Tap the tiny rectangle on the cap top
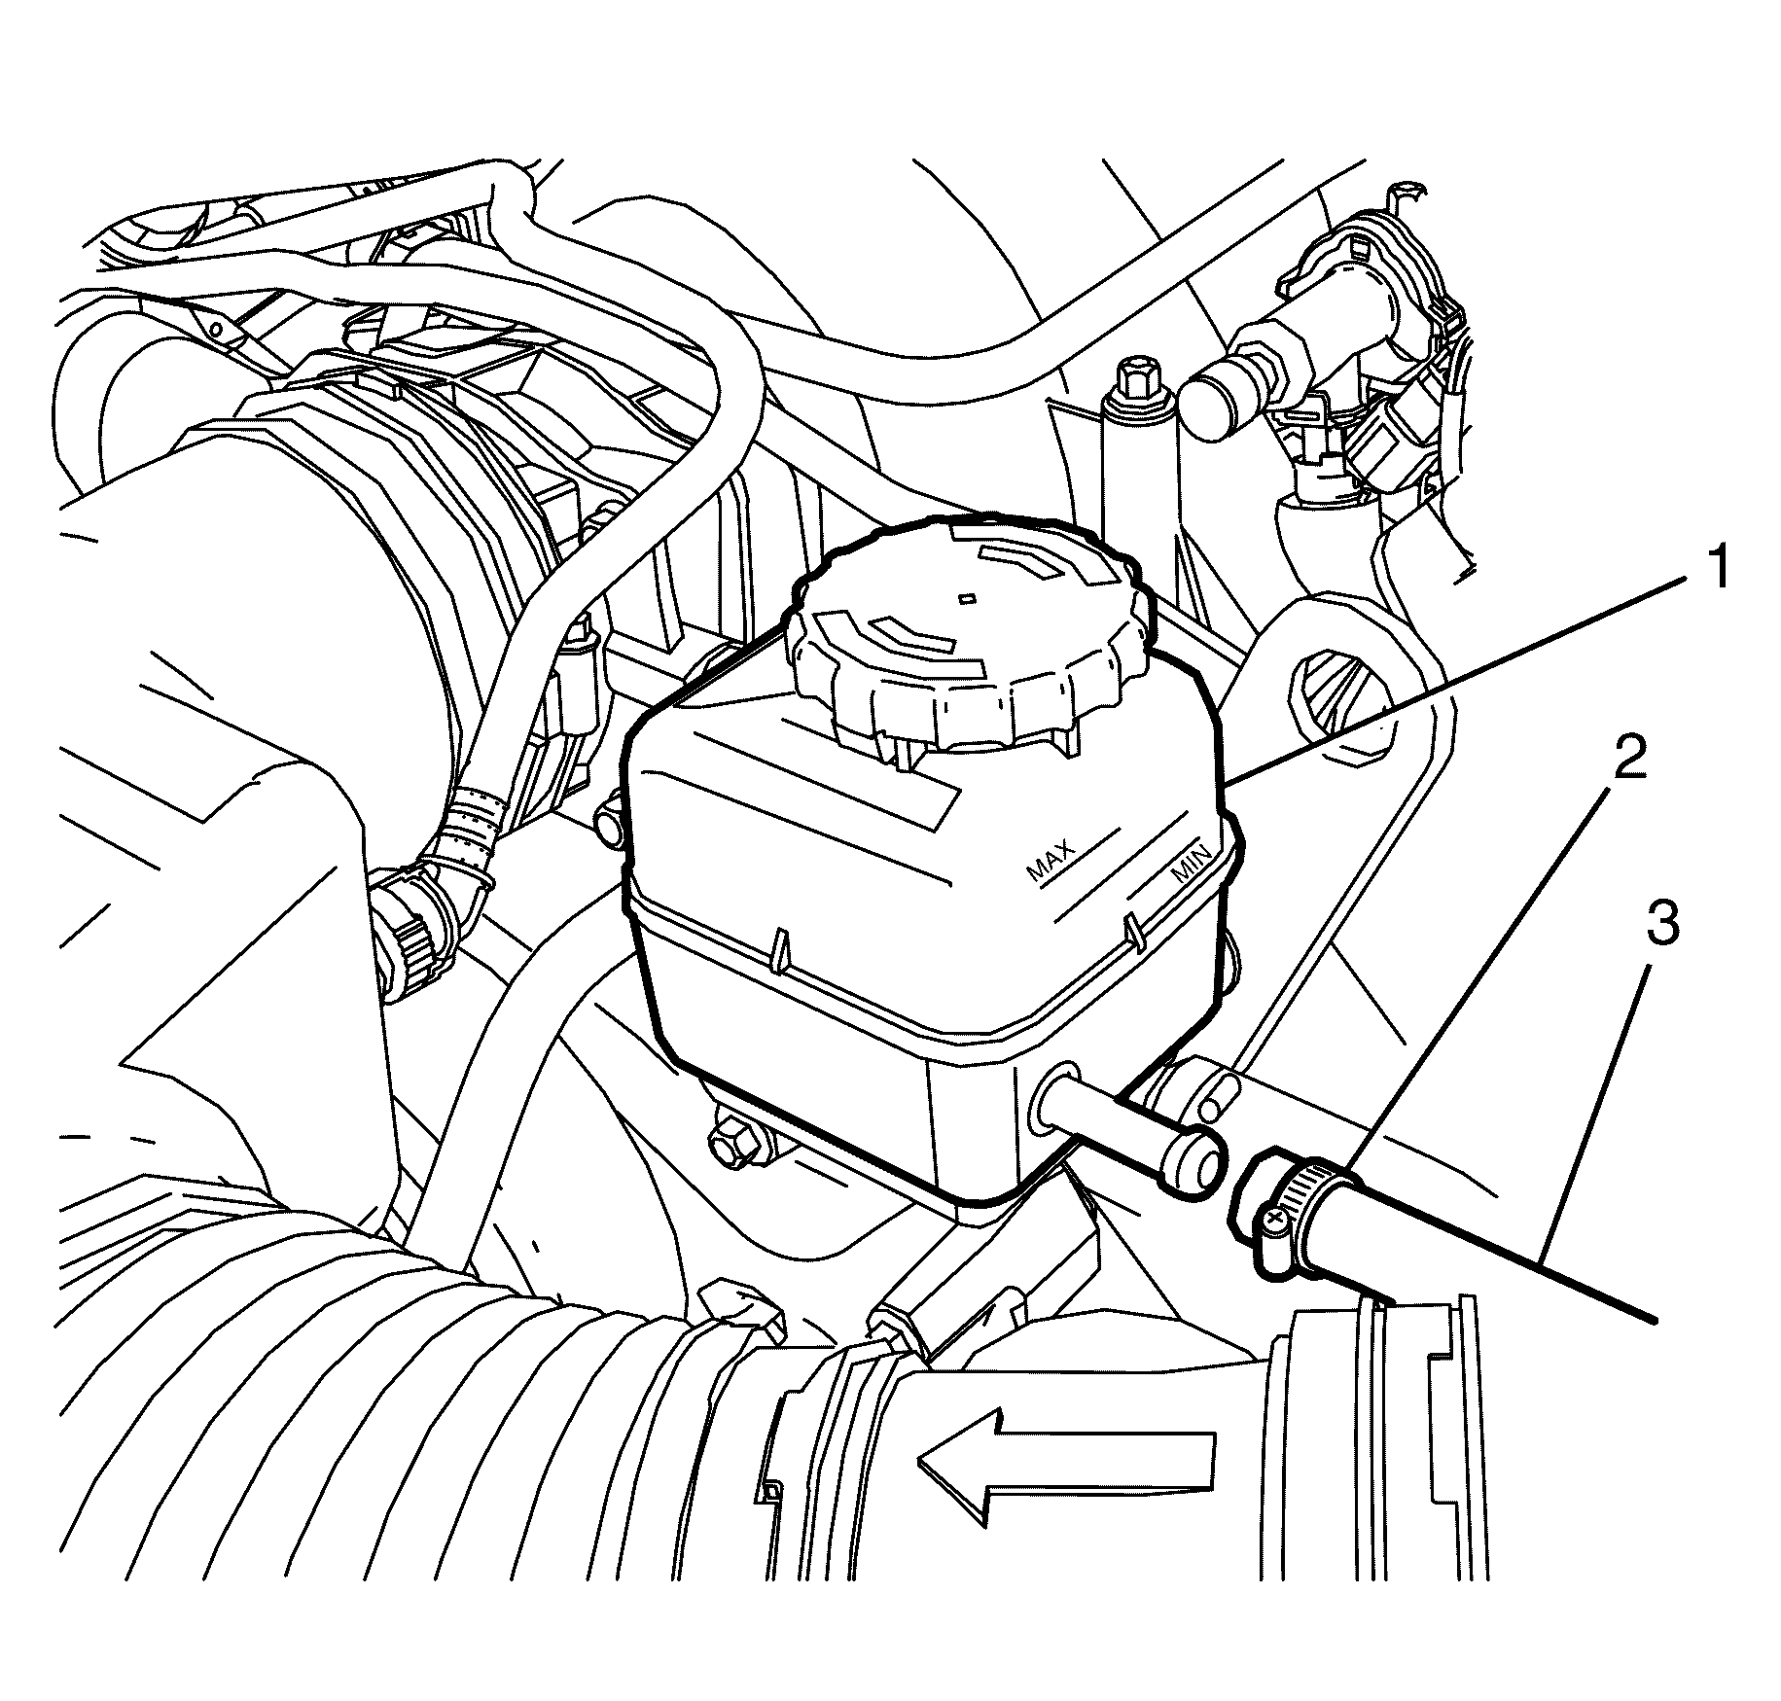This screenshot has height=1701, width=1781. [966, 596]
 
